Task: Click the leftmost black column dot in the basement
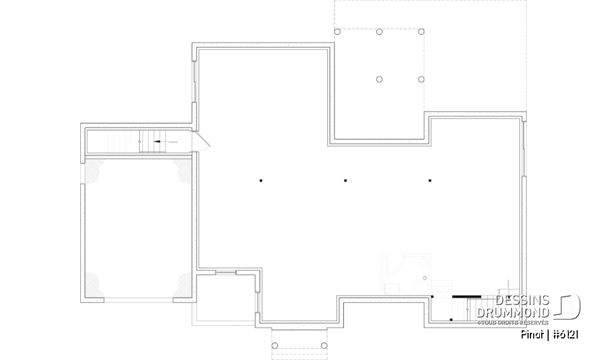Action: [261, 181]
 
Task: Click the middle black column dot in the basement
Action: [345, 181]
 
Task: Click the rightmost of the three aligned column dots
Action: [430, 181]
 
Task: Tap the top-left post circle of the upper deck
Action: [337, 32]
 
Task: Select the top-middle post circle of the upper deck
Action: [379, 32]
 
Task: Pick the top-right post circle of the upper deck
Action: [421, 32]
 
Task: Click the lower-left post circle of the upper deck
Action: [379, 79]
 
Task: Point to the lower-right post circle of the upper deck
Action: [421, 79]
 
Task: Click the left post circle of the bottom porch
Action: [275, 345]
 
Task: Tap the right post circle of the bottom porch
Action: [324, 345]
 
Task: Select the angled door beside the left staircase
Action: [203, 140]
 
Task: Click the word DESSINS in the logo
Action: [522, 301]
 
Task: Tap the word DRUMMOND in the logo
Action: [513, 313]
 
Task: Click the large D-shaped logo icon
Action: [568, 307]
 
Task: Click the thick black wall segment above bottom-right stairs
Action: [467, 296]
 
